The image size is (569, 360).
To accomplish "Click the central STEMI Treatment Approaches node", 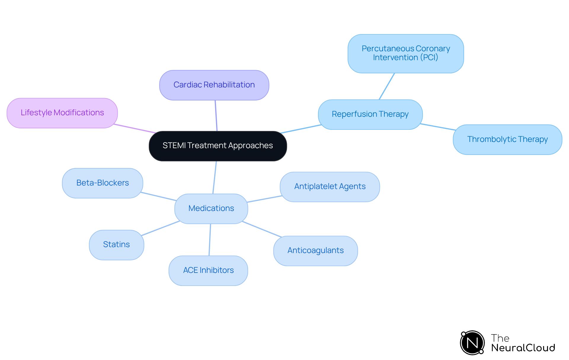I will pos(218,146).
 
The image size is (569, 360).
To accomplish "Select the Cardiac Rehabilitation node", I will pos(214,85).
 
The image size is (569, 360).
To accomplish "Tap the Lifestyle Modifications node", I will pos(62,113).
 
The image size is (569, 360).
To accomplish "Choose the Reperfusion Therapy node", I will pos(370,114).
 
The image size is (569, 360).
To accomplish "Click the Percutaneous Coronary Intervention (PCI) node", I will pos(406,53).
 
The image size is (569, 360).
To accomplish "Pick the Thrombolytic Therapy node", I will pos(507,140).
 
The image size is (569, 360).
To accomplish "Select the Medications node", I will pos(211,209).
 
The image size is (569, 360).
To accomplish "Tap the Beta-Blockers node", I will pos(103,183).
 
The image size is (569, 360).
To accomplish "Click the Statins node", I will pos(116,245).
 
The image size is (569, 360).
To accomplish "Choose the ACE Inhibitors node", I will pos(208,271).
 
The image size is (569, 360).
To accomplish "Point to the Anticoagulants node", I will pos(315,251).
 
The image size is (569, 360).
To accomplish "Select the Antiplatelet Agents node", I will pos(330,187).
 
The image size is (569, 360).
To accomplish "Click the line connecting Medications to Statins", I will pos(161,228).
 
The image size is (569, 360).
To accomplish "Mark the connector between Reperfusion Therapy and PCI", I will pos(387,86).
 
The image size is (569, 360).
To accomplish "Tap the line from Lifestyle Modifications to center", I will pos(135,129).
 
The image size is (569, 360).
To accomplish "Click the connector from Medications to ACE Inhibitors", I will pos(210,239).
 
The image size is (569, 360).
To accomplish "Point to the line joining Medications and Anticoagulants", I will pos(262,229).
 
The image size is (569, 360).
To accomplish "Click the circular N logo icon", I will pos(472,343).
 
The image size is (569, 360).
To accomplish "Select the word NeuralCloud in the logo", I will pos(523,348).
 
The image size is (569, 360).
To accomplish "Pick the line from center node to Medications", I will pos(215,177).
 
